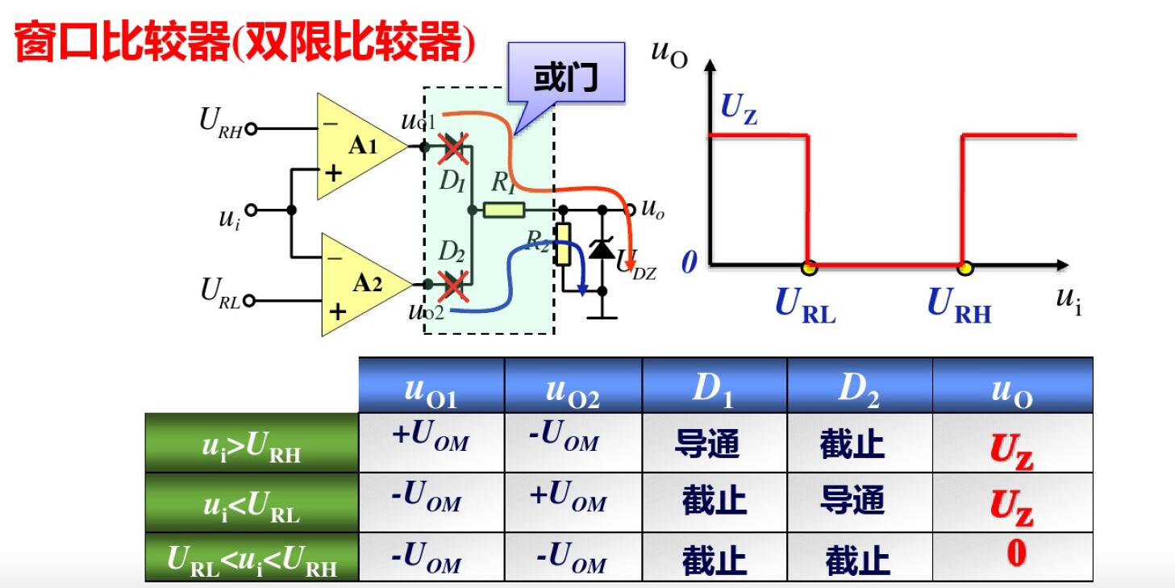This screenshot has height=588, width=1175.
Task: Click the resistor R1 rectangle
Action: click(504, 211)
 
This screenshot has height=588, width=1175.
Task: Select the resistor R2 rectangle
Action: click(563, 244)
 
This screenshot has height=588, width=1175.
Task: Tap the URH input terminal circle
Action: click(251, 128)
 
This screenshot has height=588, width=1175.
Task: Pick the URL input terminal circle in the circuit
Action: click(249, 301)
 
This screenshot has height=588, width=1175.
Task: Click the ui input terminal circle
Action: click(252, 211)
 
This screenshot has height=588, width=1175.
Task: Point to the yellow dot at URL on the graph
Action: click(808, 265)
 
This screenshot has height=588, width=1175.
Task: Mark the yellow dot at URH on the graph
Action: click(964, 265)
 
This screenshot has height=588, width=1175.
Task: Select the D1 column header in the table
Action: click(714, 387)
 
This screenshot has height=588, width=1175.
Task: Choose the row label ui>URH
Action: click(252, 444)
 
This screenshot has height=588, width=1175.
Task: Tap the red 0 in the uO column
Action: click(1016, 553)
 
